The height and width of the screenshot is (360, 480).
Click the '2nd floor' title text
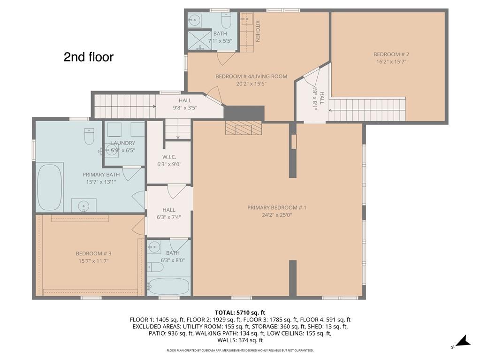tap(88, 57)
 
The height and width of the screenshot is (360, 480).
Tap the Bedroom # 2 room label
tap(388, 54)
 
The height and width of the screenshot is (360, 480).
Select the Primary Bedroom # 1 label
tap(277, 207)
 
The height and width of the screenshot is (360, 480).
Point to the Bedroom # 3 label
tap(93, 253)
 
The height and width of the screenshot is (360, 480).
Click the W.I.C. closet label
tap(168, 157)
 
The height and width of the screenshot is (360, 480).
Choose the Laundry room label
tap(123, 143)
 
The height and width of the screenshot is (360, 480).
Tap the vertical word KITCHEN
tap(258, 31)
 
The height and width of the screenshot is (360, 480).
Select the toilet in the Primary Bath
tap(89, 137)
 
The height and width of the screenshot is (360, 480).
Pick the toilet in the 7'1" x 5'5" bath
tap(226, 21)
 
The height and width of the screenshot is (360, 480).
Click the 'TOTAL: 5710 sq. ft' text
tap(240, 312)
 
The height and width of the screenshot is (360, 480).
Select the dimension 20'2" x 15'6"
tap(251, 84)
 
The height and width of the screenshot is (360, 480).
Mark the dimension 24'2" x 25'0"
tap(277, 215)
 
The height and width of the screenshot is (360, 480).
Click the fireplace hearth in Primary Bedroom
tap(243, 128)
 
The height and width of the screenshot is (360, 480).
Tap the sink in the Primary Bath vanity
tap(84, 205)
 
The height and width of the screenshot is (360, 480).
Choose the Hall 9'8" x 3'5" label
tap(184, 100)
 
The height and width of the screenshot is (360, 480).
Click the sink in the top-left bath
tap(195, 20)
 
